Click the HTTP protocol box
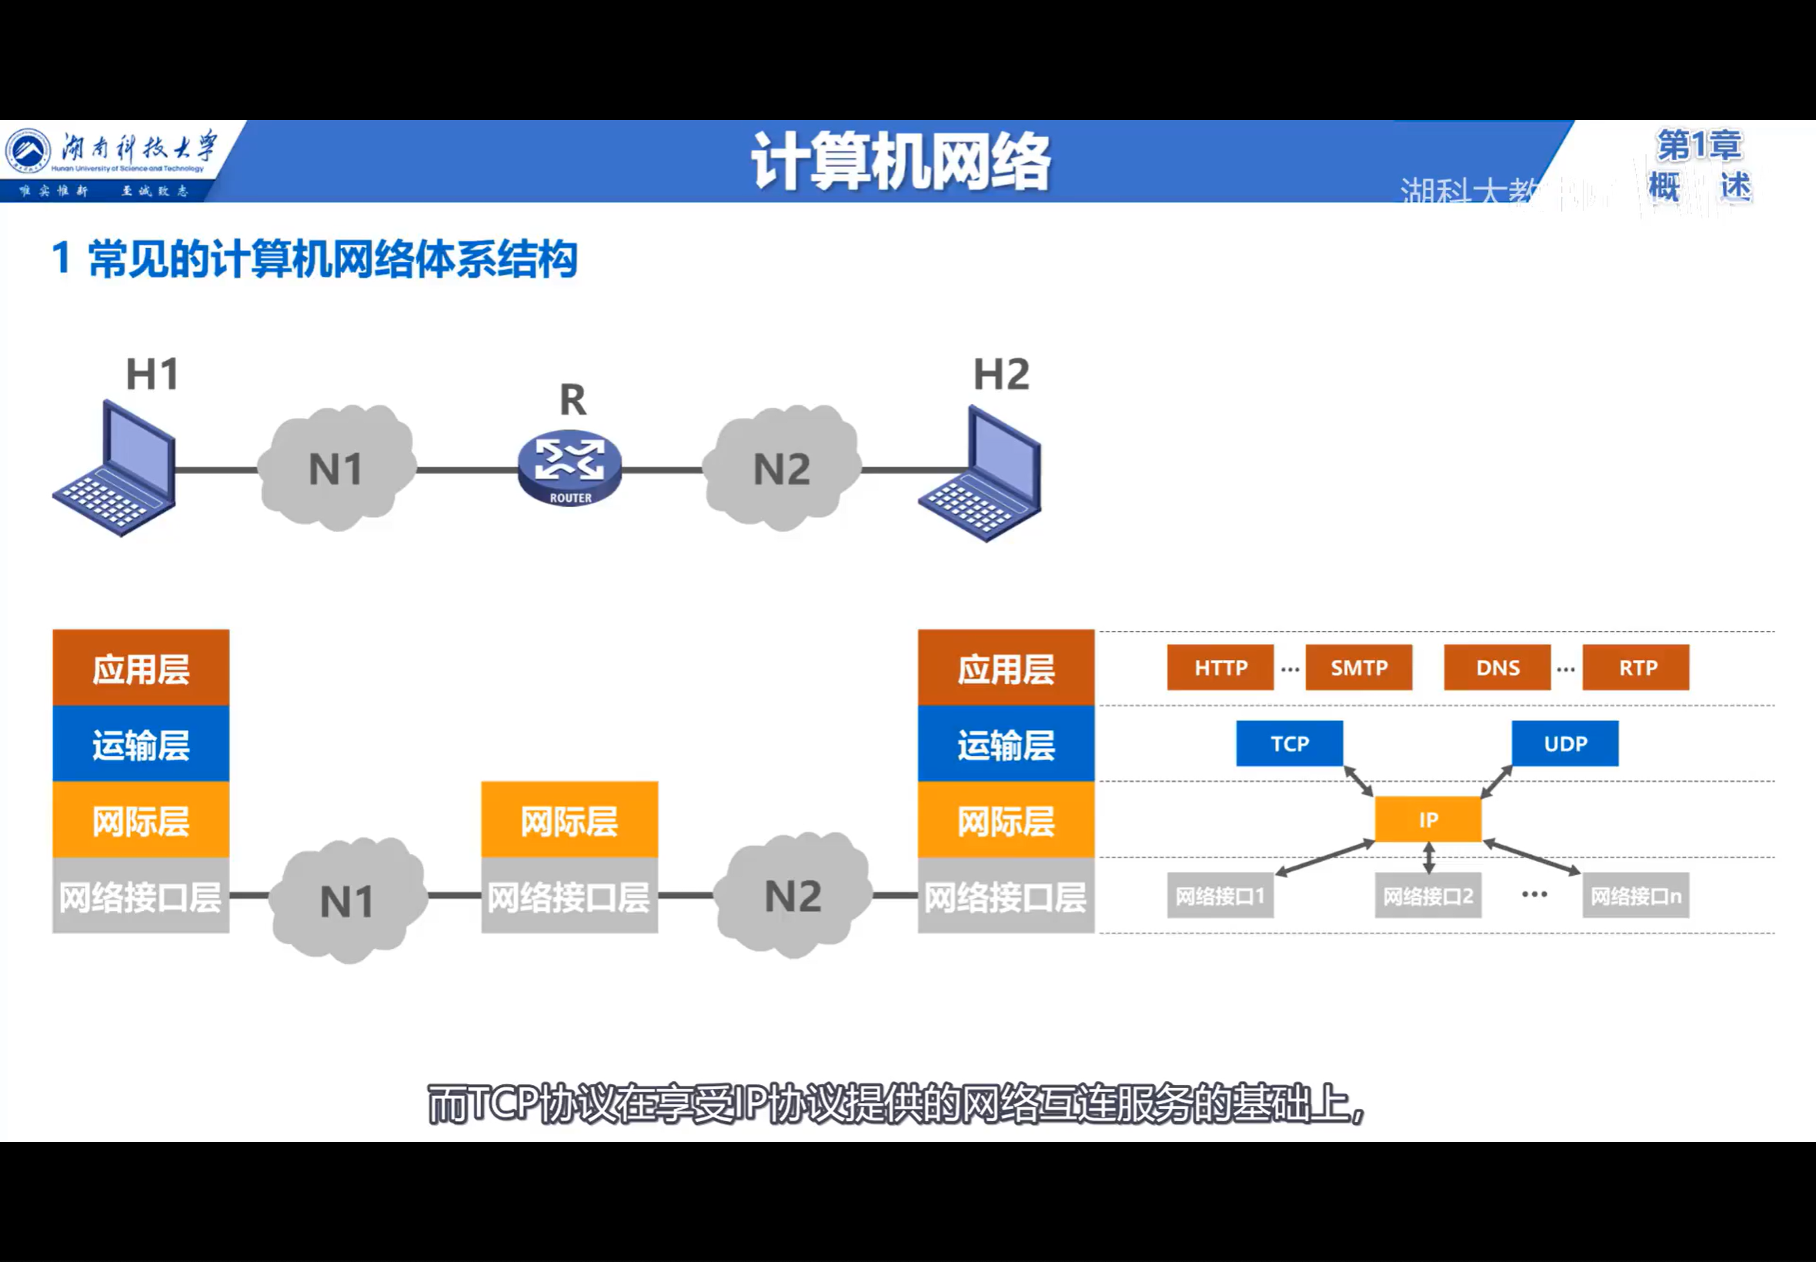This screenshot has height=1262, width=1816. tap(1220, 667)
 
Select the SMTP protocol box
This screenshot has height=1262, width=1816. tap(1358, 667)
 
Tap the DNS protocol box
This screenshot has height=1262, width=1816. tap(1497, 667)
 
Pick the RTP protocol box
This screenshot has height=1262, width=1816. tap(1636, 667)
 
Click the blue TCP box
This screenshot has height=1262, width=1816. tap(1290, 743)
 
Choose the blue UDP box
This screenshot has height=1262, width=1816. tap(1564, 743)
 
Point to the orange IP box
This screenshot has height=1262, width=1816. tap(1428, 820)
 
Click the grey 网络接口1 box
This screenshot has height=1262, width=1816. tap(1220, 895)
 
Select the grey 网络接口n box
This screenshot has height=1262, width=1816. tap(1636, 895)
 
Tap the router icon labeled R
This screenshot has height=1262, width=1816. tap(569, 466)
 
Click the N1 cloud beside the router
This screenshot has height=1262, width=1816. tap(336, 468)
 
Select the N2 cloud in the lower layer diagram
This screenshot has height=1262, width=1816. tap(793, 896)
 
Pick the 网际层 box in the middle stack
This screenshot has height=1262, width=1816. tap(569, 820)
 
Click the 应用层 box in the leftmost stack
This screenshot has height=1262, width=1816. tap(141, 668)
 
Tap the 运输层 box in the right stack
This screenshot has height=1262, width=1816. tap(1006, 744)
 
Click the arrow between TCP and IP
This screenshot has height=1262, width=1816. tap(1358, 780)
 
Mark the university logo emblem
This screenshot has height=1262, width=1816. tap(28, 150)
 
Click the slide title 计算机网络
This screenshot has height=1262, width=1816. tap(900, 162)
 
